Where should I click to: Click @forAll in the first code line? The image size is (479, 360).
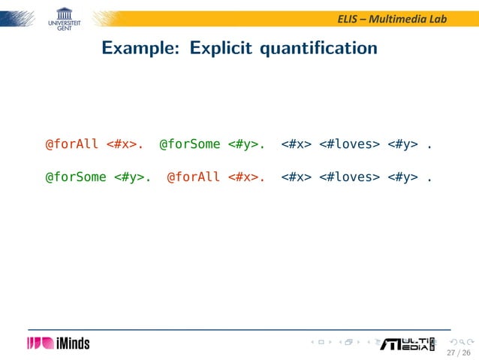pos(72,144)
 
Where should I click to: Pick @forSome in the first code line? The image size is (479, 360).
pos(189,144)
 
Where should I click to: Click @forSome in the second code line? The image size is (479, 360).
pos(76,177)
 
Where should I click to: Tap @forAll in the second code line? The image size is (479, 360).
pos(193,177)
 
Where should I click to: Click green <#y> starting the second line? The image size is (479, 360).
pos(130,177)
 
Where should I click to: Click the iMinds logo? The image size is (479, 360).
pos(59,343)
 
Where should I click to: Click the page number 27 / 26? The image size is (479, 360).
pos(457,352)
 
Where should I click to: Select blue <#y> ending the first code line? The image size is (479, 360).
pos(403,144)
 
